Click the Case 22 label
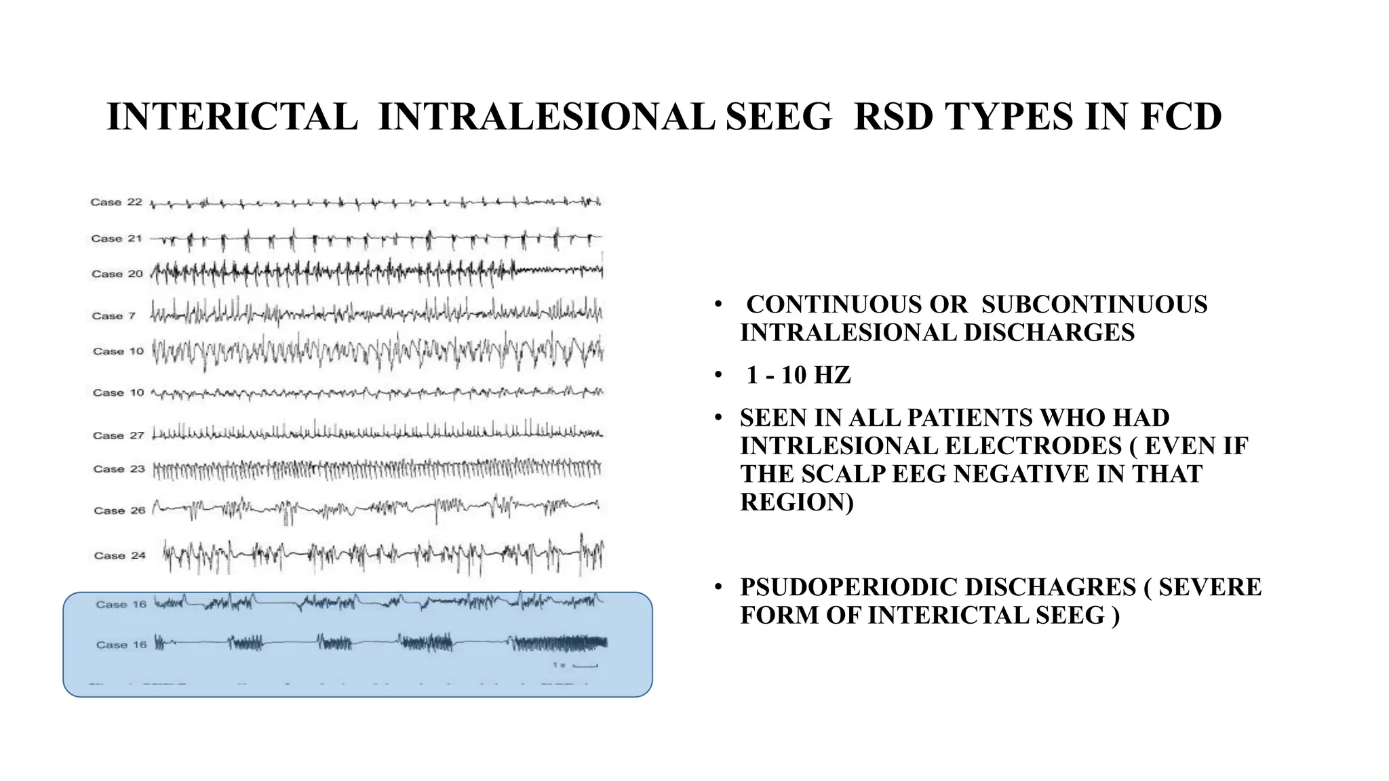click(117, 202)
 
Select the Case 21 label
click(117, 239)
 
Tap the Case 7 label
click(114, 316)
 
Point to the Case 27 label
click(119, 435)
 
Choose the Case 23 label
click(119, 469)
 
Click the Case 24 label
click(120, 556)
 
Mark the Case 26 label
click(120, 510)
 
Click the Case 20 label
click(117, 274)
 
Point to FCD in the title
click(1181, 117)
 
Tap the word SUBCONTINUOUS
click(1094, 304)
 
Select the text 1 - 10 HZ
click(798, 375)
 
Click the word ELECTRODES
click(1034, 446)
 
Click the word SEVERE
click(1210, 587)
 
